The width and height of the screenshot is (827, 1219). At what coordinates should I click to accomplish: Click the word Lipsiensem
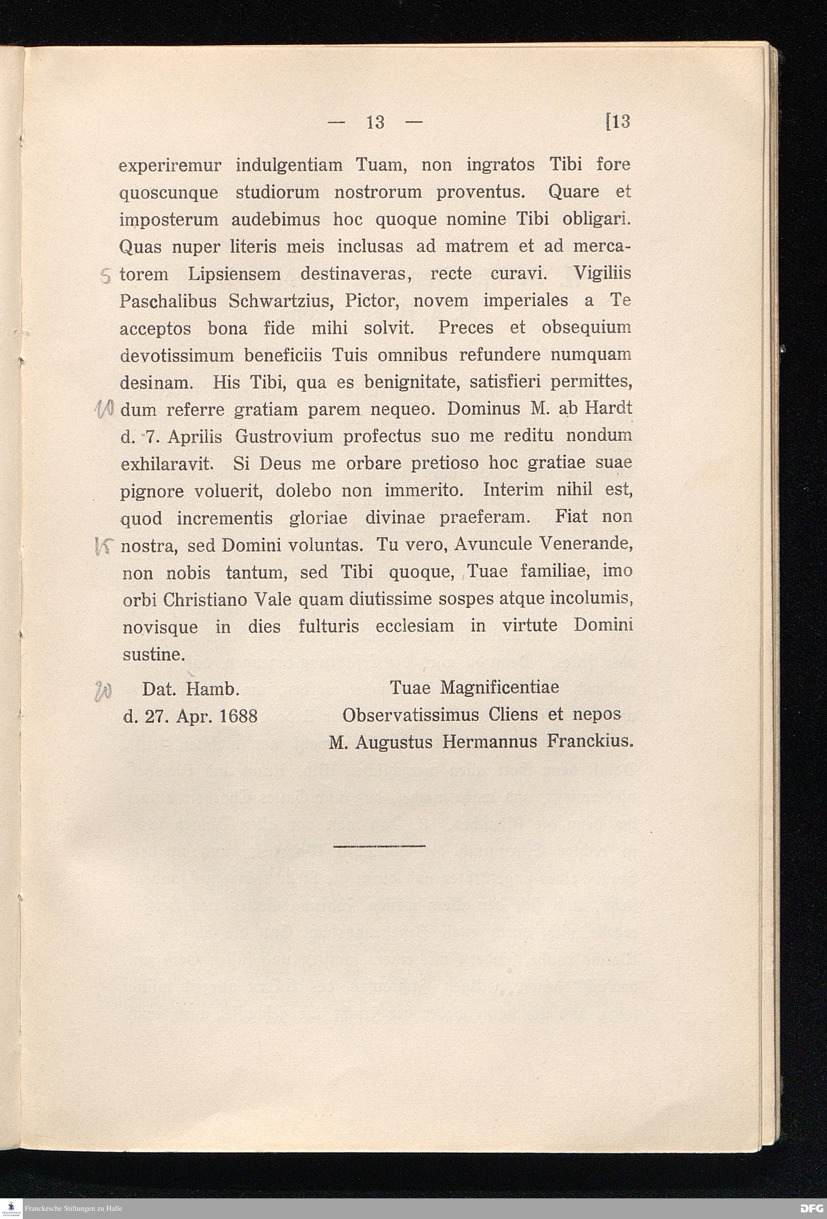(x=234, y=274)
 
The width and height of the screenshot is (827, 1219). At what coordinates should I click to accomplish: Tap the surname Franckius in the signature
(x=590, y=742)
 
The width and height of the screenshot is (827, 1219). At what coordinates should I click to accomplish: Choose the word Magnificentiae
(x=500, y=688)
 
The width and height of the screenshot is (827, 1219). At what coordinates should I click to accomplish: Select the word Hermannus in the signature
(x=490, y=742)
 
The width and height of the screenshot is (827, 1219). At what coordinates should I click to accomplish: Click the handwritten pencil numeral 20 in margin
(x=101, y=691)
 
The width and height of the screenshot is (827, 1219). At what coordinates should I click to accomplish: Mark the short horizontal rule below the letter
(x=379, y=845)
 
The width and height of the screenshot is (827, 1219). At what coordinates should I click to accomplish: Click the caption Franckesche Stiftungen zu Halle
(x=74, y=1209)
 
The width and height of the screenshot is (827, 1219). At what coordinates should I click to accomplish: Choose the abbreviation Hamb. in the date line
(x=213, y=689)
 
